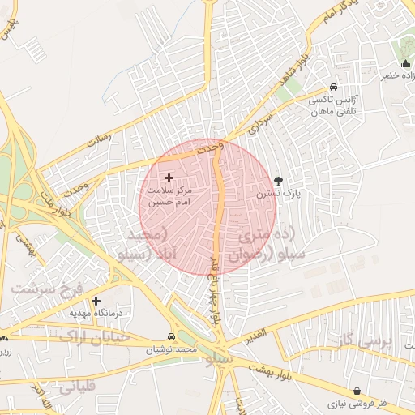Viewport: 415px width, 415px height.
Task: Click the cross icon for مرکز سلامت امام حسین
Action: click(x=169, y=178)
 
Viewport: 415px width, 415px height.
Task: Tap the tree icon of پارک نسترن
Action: click(x=280, y=181)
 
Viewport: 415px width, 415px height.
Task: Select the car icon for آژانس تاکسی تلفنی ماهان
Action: click(x=333, y=88)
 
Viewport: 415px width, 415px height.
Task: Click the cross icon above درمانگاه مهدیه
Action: click(x=96, y=301)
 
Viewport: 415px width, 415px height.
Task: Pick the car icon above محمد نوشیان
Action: click(x=171, y=336)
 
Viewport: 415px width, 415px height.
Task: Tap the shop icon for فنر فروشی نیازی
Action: click(x=357, y=391)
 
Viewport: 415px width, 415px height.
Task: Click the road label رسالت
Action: click(x=97, y=139)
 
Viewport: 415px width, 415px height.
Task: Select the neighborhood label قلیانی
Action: click(x=78, y=387)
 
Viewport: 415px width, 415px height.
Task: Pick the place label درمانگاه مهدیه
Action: click(x=89, y=313)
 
